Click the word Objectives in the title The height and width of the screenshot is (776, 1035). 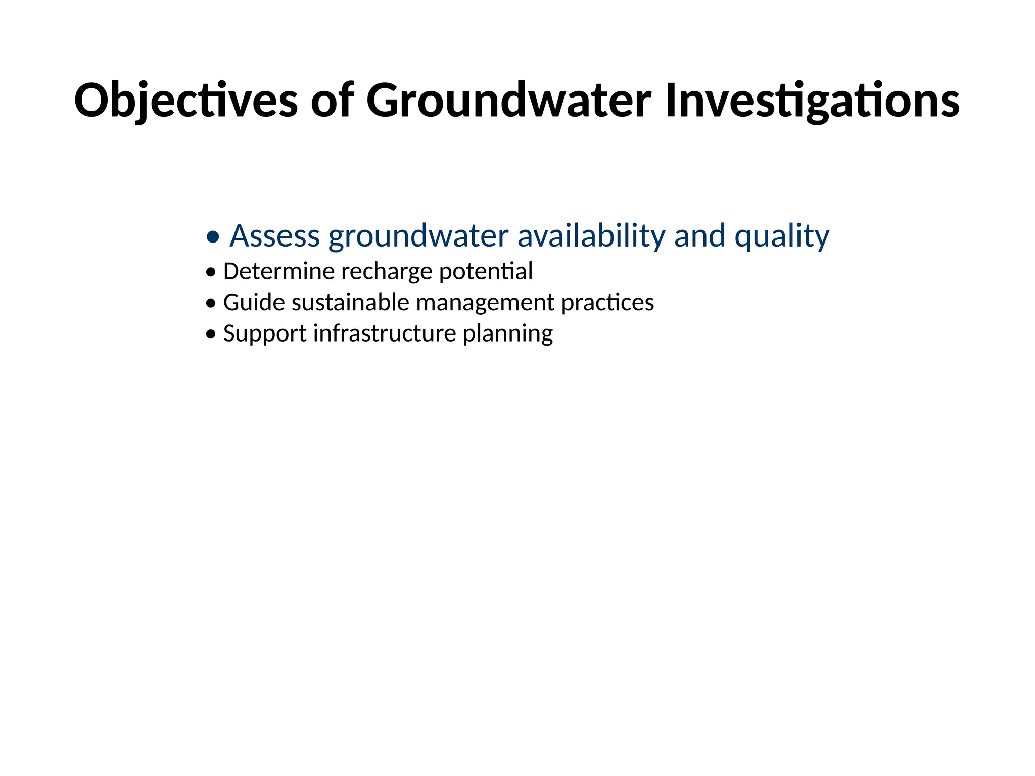click(185, 101)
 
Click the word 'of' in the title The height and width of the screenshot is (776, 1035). click(332, 101)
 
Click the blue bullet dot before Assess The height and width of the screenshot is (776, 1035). click(213, 236)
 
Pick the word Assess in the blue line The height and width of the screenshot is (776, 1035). click(274, 236)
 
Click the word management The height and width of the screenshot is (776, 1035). click(485, 304)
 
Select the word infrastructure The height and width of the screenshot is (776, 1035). click(385, 333)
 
